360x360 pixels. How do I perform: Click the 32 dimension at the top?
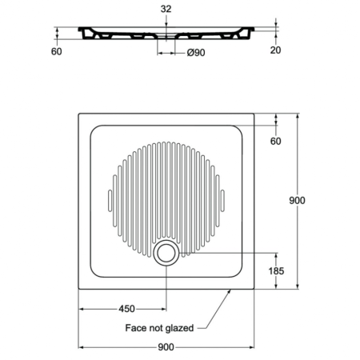[x=166, y=10]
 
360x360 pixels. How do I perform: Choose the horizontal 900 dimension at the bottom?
[x=166, y=347]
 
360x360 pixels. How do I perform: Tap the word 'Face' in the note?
[x=139, y=328]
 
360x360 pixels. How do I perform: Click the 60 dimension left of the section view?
[x=57, y=52]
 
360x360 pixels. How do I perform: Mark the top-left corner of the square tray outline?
[x=78, y=113]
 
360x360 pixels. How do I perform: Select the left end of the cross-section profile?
[x=78, y=33]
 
